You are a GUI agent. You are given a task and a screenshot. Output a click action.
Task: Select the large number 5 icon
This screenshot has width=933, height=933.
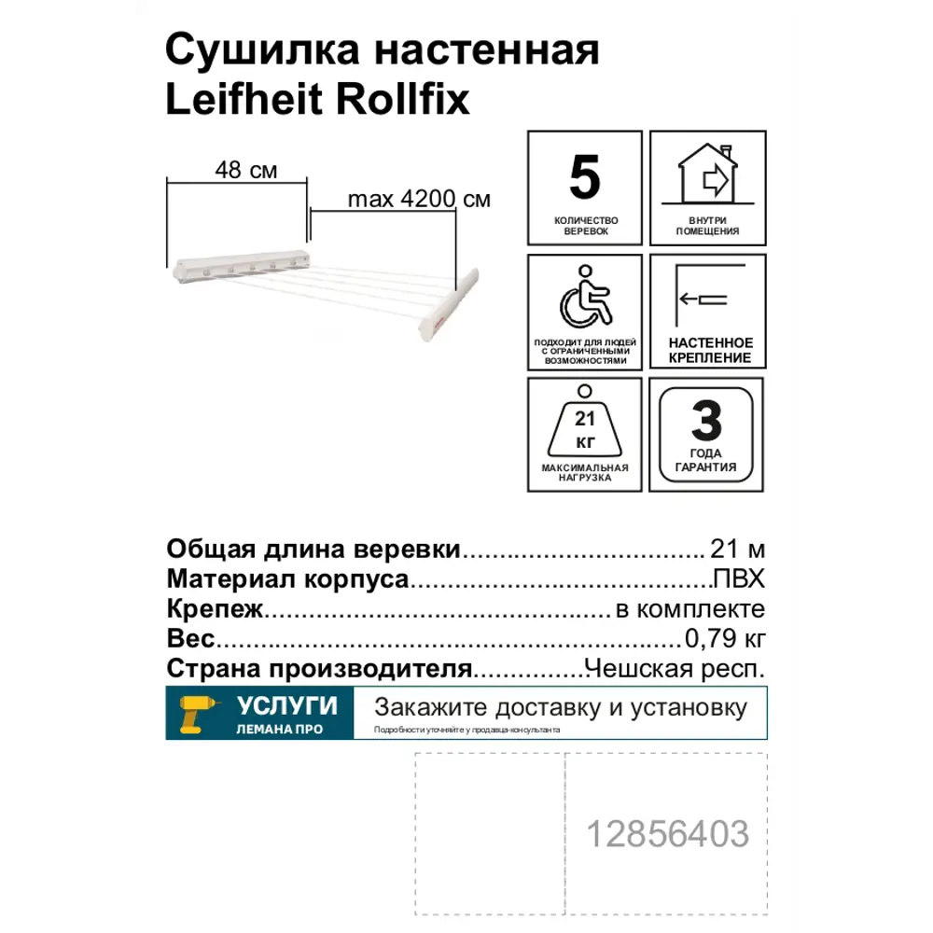(x=585, y=178)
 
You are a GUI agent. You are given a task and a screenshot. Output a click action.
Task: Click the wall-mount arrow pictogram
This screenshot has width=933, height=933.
(x=706, y=299)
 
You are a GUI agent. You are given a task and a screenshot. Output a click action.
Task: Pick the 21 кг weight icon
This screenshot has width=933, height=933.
(x=585, y=425)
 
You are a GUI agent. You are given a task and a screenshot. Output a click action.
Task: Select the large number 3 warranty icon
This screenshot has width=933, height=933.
(x=706, y=423)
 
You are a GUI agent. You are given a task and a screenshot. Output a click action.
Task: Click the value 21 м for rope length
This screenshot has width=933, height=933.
(x=737, y=549)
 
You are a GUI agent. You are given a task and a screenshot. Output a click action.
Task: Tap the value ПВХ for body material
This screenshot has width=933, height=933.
(x=739, y=579)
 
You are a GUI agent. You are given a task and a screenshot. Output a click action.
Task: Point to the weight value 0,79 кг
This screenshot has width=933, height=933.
(x=725, y=639)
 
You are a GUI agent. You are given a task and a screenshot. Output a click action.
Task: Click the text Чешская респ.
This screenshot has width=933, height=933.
(x=674, y=669)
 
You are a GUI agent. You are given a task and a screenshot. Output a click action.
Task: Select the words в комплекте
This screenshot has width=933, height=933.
(x=690, y=609)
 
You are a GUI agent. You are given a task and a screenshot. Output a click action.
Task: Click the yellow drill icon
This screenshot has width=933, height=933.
(x=198, y=714)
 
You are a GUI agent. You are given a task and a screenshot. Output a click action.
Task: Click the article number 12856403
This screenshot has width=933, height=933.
(x=667, y=833)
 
